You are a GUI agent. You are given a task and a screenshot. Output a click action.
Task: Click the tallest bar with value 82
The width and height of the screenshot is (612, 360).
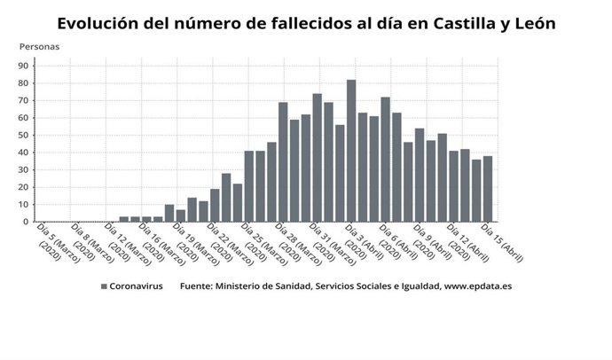pyautogui.click(x=351, y=151)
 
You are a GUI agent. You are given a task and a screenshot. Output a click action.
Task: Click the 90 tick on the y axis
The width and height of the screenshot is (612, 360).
pyautogui.click(x=24, y=66)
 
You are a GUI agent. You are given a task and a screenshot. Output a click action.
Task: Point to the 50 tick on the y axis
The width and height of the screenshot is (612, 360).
pyautogui.click(x=24, y=135)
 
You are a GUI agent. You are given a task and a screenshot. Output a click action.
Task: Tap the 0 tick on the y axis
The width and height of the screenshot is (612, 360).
pyautogui.click(x=27, y=222)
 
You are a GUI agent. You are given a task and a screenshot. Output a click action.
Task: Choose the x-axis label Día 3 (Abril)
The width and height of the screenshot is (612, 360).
pyautogui.click(x=364, y=242)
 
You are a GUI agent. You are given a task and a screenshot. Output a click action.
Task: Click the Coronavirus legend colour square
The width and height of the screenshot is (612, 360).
pyautogui.click(x=104, y=287)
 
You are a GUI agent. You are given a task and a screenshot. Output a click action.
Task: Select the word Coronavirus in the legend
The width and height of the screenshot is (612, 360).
pyautogui.click(x=137, y=287)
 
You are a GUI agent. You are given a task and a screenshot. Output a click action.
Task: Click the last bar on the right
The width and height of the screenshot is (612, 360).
pyautogui.click(x=488, y=189)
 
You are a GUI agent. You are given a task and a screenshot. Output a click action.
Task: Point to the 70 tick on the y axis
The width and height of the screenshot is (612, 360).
pyautogui.click(x=24, y=100)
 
